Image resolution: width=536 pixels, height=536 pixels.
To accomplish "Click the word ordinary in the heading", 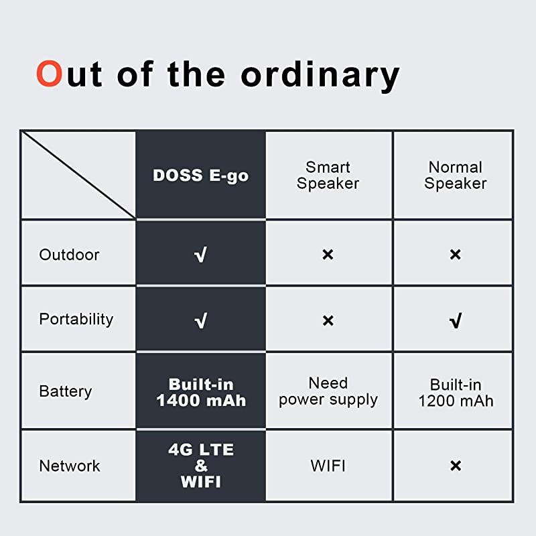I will pos(320,75).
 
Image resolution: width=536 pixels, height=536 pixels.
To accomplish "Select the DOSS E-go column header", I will pos(200,176).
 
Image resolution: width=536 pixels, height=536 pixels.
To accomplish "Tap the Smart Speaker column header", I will pos(328,176).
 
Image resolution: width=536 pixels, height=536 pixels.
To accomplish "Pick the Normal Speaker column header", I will pos(456,176).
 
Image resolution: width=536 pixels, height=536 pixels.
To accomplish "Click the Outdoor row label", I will pos(69,255).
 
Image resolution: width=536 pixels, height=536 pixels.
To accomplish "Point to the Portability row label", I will pos(76,319).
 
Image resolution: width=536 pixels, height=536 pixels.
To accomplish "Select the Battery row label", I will pos(66,391).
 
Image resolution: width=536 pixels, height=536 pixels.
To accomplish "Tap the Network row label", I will pos(70,466).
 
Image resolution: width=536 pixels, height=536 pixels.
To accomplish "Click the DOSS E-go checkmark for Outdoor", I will pos(200,255).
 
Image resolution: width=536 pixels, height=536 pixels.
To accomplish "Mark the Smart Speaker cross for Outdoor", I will pos(328,255).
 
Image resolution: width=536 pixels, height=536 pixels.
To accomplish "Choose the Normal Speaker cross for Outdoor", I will pos(456,255).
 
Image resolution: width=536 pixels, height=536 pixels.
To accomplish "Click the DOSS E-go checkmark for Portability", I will pos(200,321).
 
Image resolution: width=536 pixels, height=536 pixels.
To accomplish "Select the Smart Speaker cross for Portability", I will pos(328,321).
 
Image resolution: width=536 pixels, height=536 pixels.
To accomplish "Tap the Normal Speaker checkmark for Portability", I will pos(456,321).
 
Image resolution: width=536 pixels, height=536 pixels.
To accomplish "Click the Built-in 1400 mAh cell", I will pos(201,393).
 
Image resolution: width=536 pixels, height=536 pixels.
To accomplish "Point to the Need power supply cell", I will pos(328,392).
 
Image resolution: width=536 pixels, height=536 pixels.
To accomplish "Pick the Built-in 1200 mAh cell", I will pos(456,393).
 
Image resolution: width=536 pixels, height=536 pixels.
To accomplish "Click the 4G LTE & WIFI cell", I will pos(201,466).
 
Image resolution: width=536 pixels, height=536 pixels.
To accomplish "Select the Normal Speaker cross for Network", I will pos(456,466).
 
